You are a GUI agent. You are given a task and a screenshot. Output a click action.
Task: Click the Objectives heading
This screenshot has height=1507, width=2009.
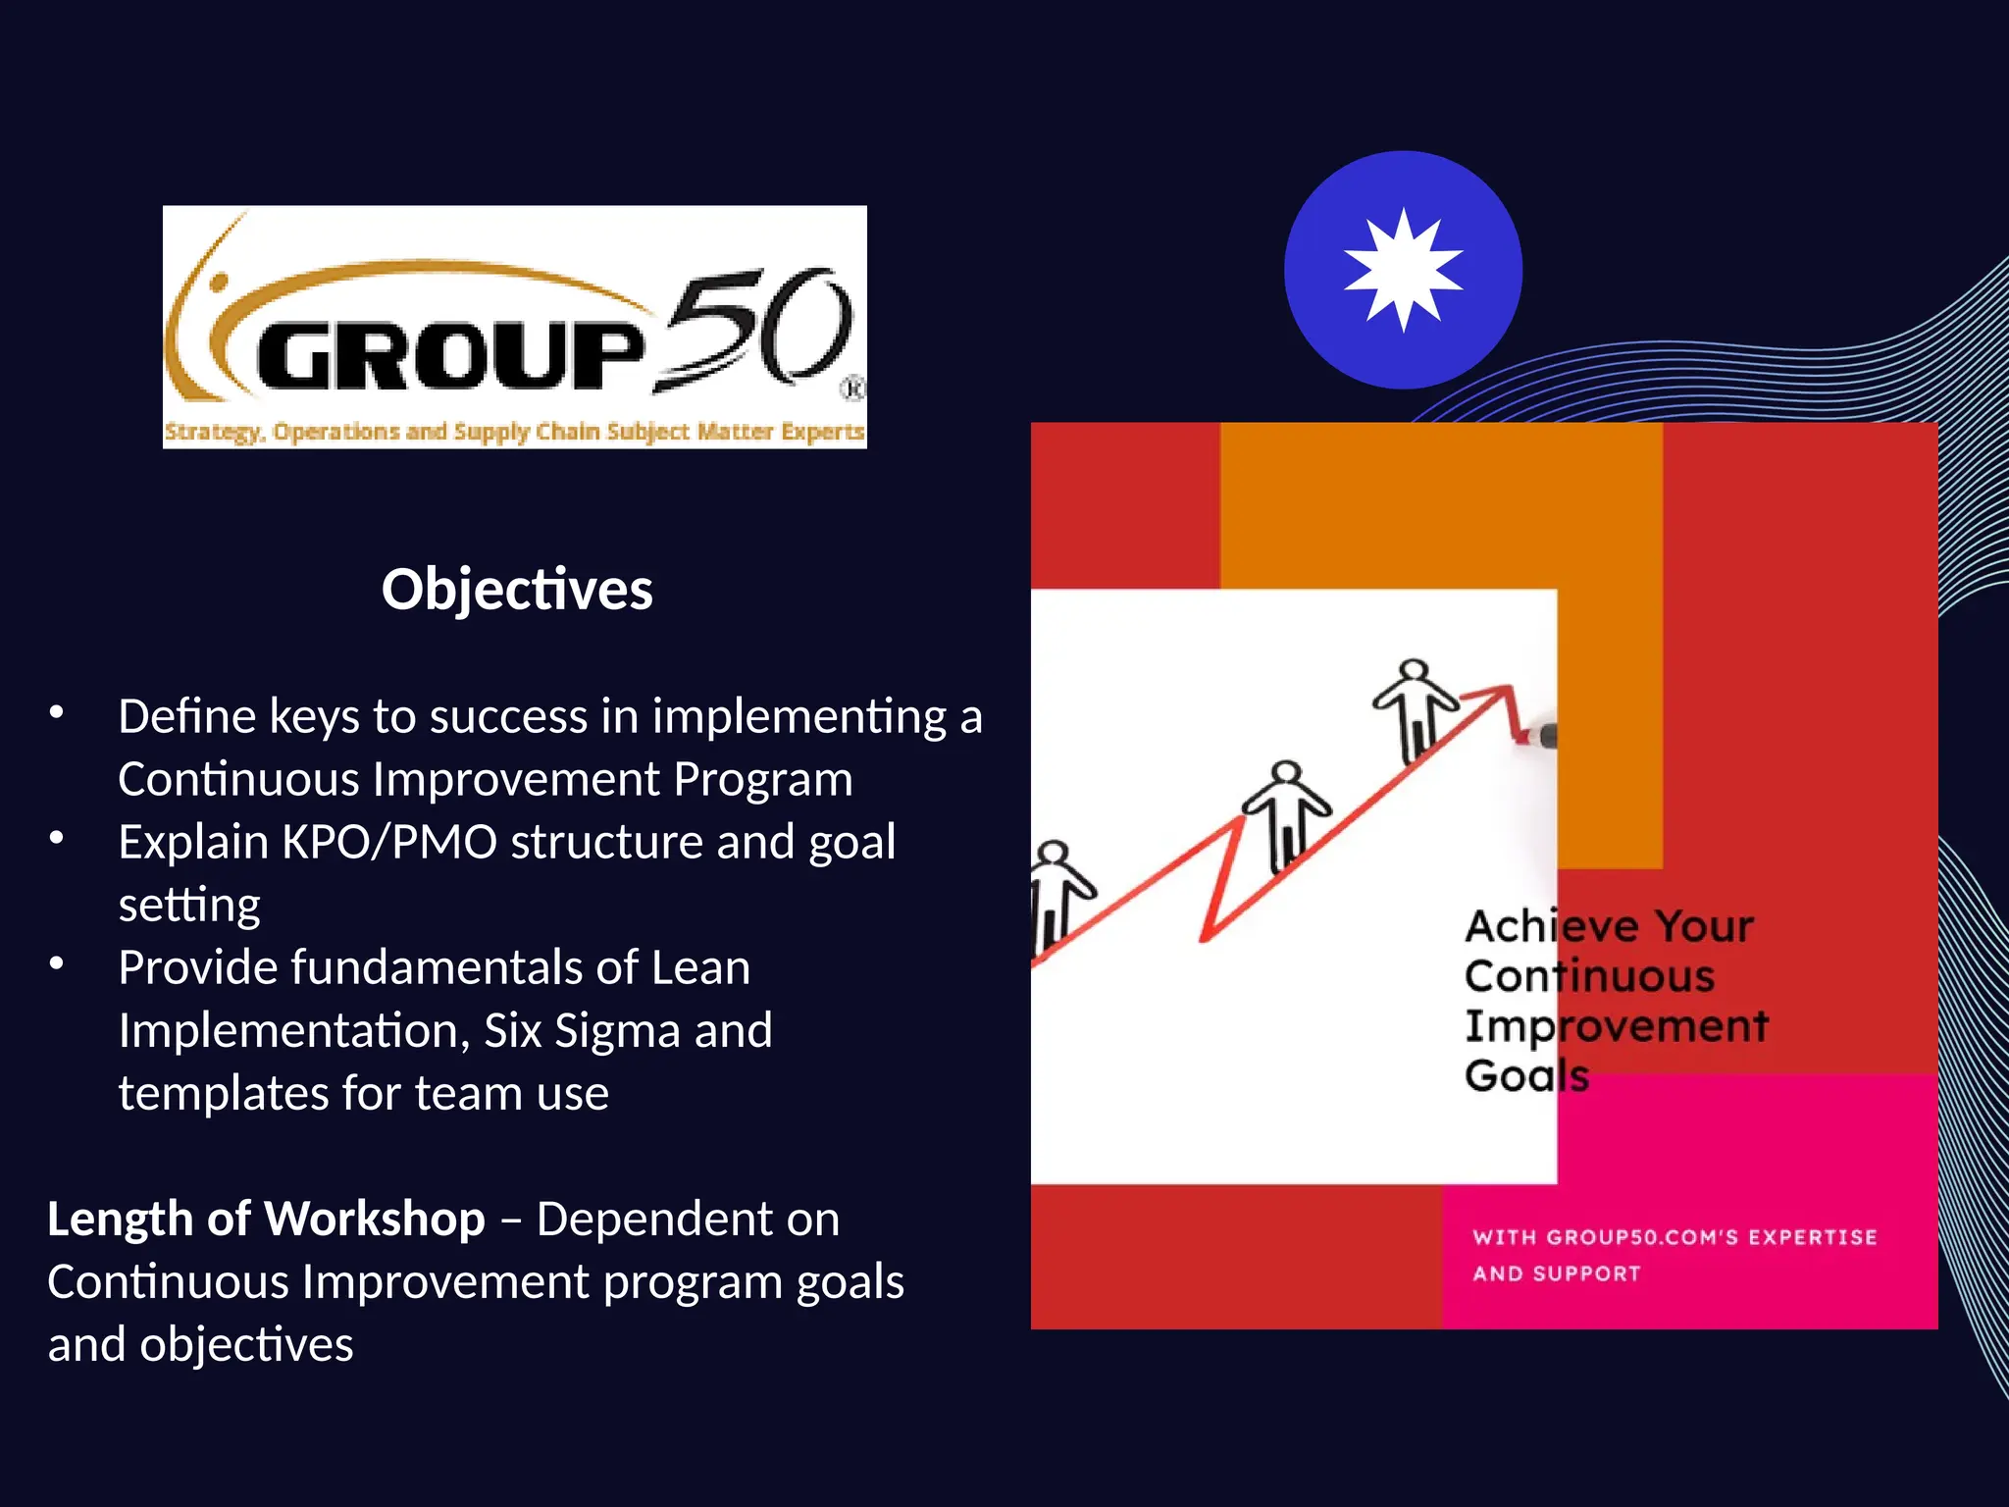coord(517,590)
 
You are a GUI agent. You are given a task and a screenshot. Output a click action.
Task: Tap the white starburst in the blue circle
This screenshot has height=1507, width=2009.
coord(1403,270)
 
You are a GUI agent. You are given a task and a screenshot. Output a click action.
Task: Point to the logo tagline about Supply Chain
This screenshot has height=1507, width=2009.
coord(514,432)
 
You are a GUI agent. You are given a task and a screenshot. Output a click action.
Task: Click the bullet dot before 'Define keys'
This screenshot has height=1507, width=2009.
coord(57,713)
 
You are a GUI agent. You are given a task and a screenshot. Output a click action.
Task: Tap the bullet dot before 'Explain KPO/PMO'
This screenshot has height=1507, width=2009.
coord(57,839)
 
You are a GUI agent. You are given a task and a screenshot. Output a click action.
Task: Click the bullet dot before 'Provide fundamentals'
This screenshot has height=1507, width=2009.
coord(57,964)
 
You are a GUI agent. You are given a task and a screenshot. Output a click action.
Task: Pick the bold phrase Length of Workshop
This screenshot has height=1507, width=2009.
coord(266,1220)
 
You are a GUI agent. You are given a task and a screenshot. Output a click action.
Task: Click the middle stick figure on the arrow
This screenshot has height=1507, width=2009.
coord(1286,814)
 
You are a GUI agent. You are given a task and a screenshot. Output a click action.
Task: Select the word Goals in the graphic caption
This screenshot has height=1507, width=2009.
coord(1526,1076)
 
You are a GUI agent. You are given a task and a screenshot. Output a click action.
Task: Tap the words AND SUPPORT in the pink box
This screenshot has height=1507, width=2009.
coord(1556,1274)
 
